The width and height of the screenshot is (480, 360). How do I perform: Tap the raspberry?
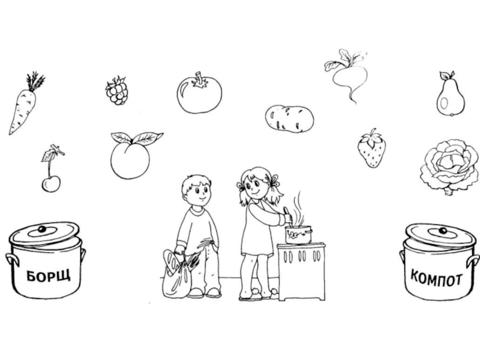click(116, 91)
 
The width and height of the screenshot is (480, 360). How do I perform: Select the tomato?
click(199, 93)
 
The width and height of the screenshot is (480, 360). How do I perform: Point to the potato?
click(289, 119)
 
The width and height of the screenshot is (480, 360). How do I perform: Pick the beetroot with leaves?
click(350, 74)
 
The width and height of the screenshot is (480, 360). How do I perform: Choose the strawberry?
click(372, 149)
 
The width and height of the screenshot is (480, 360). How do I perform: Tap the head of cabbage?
click(449, 167)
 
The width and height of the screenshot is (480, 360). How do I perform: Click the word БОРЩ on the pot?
click(49, 275)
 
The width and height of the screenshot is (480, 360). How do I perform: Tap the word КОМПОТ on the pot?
click(436, 277)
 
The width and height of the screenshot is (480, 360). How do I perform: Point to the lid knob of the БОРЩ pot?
click(42, 229)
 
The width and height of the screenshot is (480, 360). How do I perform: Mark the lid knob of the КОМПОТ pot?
click(443, 230)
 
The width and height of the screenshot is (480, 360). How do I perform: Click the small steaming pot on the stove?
click(298, 235)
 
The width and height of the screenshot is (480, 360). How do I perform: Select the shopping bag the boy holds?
click(176, 275)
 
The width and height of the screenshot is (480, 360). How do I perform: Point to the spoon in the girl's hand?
click(288, 218)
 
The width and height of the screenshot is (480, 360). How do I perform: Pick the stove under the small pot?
click(301, 271)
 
